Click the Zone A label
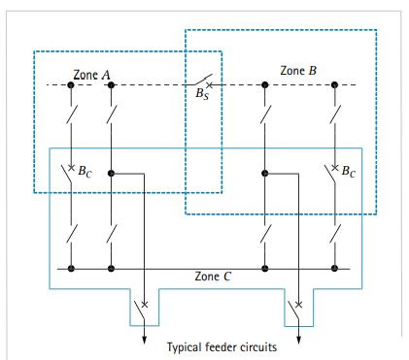point(92,75)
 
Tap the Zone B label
point(298,71)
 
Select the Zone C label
point(213,277)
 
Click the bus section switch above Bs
point(199,81)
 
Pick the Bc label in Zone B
point(351,176)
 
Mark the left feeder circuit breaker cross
point(146,305)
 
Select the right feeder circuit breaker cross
point(298,305)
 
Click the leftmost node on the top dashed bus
point(71,85)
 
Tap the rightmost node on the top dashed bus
point(333,85)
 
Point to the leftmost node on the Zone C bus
point(71,268)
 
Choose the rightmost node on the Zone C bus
point(333,268)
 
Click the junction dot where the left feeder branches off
point(112,175)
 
